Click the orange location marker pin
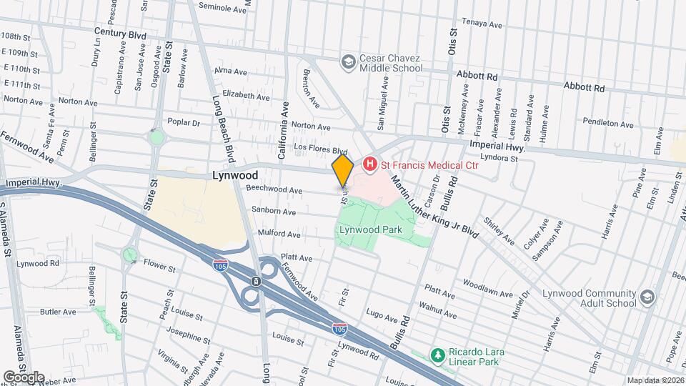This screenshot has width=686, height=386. pyautogui.click(x=342, y=171)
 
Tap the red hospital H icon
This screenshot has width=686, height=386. pyautogui.click(x=369, y=165)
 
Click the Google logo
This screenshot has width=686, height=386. pyautogui.click(x=23, y=377)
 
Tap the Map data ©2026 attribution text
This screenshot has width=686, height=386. pyautogui.click(x=655, y=380)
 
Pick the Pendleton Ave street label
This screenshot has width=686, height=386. pyautogui.click(x=608, y=124)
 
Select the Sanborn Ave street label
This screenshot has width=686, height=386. pyautogui.click(x=274, y=212)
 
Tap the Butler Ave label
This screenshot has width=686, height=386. pyautogui.click(x=58, y=312)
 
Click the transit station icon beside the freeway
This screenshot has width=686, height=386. pyautogui.click(x=254, y=282)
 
